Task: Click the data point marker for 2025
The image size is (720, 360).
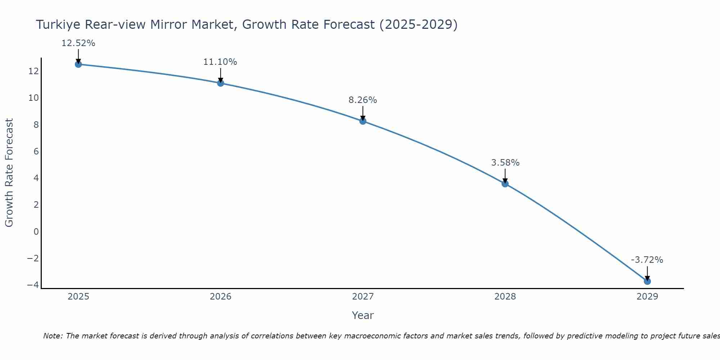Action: coord(78,64)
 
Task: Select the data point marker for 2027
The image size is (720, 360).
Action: coord(363,121)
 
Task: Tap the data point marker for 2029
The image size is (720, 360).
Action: coord(647,281)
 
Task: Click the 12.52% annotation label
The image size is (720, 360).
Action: coord(78,43)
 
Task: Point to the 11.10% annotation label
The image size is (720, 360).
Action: coord(220,62)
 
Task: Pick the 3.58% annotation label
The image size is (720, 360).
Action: coord(505,163)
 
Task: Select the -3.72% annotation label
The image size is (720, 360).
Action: coord(647,260)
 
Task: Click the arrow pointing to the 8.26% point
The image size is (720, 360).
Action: coord(363,113)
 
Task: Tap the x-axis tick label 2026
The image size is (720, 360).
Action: coord(220,297)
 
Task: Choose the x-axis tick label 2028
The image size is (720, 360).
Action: coord(505,297)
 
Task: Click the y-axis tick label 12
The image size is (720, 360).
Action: coord(33,71)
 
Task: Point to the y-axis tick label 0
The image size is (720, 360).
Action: coord(36,231)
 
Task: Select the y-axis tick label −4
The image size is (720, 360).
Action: coord(33,285)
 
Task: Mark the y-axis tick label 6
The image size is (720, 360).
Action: coord(36,151)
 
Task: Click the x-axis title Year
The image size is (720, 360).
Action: coord(363,315)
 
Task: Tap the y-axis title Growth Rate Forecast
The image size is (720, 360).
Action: coord(9,173)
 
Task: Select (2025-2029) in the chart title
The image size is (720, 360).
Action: coord(418,25)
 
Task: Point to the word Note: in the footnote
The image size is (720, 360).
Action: coord(53,336)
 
